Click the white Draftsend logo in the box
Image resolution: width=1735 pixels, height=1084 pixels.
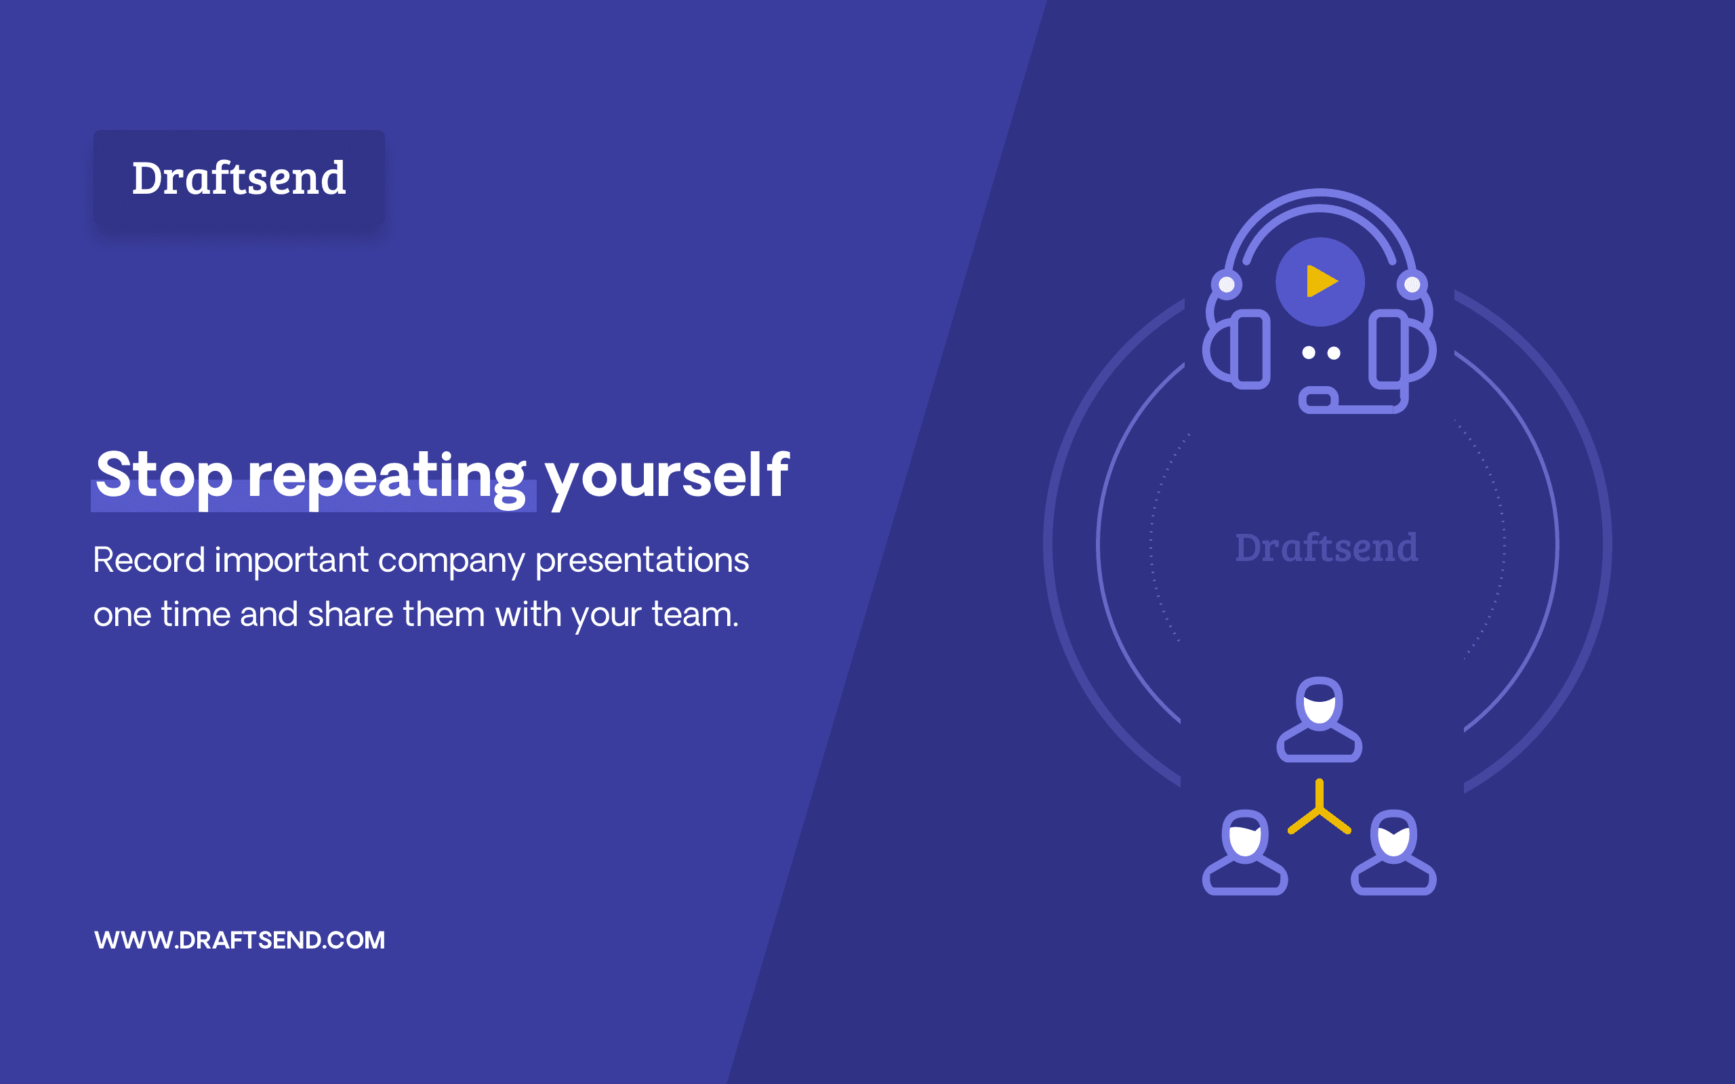coord(239,178)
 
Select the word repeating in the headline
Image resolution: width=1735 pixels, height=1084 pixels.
coord(387,478)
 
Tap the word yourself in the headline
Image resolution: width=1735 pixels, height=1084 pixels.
coord(667,478)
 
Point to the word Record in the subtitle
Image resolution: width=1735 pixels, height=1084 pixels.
coord(149,559)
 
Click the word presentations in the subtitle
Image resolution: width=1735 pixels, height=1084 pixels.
coord(642,562)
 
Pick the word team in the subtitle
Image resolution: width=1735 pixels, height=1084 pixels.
coord(695,614)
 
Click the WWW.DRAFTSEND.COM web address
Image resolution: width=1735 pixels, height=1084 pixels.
coord(239,940)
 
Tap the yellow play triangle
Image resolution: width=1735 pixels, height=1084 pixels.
coord(1322,281)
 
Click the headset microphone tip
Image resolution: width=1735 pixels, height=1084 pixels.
coord(1318,399)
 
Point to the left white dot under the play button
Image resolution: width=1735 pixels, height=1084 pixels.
coord(1309,353)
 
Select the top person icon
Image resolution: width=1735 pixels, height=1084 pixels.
coord(1319,719)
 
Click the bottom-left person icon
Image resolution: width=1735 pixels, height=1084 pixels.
coord(1245,852)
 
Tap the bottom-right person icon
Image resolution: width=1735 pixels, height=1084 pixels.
coord(1393,852)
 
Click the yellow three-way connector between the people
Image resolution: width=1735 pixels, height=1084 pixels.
coord(1319,811)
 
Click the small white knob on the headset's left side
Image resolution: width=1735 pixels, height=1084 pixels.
coord(1227,285)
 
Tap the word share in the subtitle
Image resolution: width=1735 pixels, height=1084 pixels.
coord(350,614)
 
